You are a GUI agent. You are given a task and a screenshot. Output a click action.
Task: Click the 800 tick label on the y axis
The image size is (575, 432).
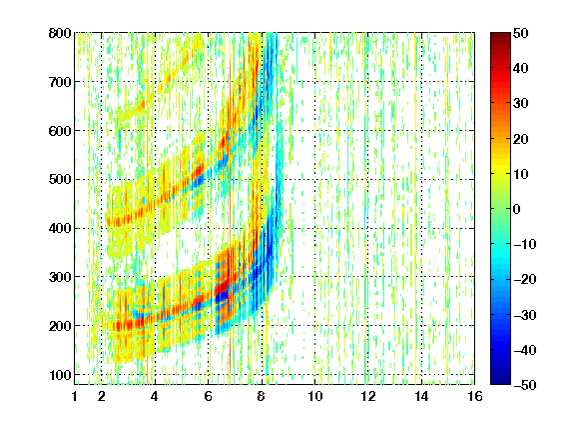(60, 33)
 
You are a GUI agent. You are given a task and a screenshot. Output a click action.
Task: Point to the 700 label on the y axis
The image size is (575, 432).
(60, 82)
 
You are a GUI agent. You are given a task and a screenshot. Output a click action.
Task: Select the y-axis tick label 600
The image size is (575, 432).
(60, 131)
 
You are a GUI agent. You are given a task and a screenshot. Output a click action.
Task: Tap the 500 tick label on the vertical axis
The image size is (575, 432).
(60, 180)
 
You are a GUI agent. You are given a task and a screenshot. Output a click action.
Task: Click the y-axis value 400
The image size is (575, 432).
(60, 228)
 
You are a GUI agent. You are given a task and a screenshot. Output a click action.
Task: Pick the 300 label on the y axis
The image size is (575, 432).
(60, 277)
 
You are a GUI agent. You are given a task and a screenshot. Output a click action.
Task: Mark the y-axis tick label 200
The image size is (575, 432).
(60, 326)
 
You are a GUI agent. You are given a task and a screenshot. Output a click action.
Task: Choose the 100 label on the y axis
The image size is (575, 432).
(60, 375)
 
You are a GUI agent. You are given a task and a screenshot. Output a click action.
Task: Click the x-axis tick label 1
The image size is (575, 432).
(75, 396)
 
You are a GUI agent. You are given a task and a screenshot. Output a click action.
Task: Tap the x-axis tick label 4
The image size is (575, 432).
(155, 396)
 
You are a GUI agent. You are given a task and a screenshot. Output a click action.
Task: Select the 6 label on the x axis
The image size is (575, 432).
(208, 396)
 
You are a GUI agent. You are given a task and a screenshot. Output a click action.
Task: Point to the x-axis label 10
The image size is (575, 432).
(315, 396)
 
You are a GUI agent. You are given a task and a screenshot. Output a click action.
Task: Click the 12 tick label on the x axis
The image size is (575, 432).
(368, 396)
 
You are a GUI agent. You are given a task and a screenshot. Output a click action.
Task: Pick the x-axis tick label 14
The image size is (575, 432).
(421, 396)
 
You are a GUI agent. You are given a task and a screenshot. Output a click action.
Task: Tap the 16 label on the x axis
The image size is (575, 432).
(475, 396)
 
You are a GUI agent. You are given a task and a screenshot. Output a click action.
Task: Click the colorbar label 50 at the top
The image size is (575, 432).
(520, 33)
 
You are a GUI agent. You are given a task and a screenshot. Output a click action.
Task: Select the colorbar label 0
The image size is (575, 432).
(517, 209)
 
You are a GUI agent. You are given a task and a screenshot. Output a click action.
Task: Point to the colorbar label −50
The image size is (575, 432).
(525, 385)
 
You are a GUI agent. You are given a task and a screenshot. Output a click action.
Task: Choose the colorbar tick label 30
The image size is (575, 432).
(520, 104)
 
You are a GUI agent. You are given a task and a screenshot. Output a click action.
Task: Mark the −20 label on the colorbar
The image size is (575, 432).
(525, 279)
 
